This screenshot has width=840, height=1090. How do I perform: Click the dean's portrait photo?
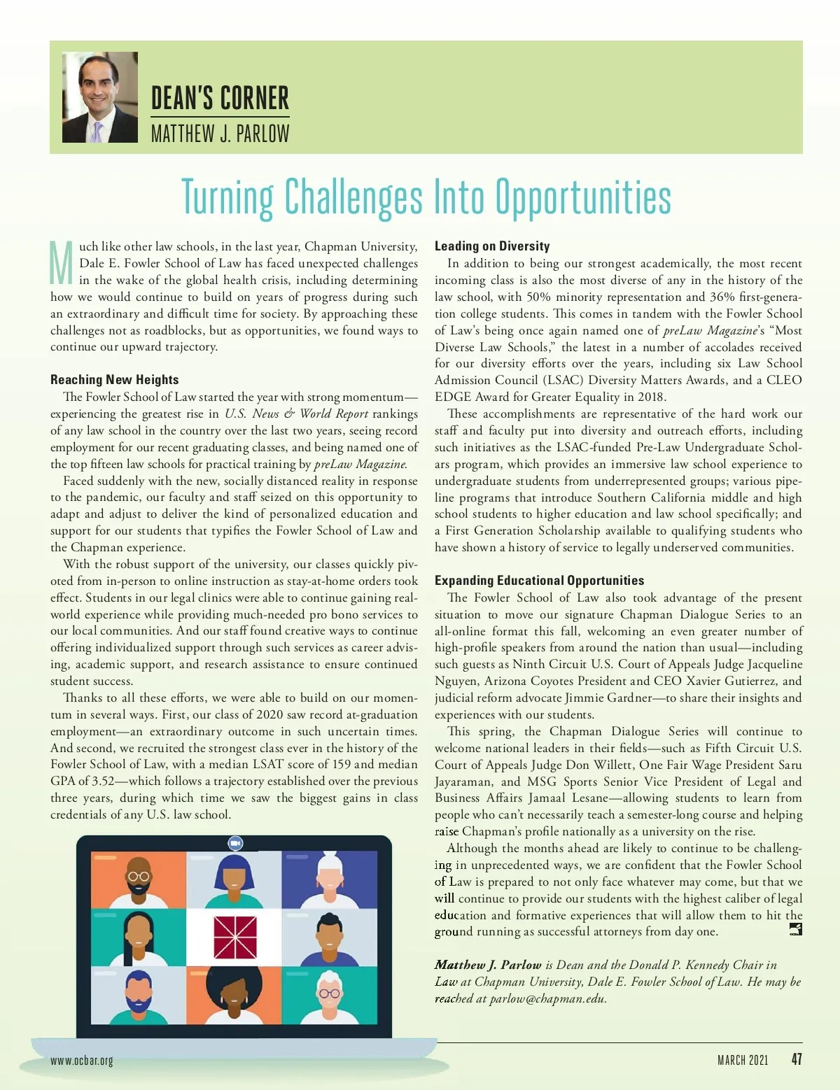(100, 97)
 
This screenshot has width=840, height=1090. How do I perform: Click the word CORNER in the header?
(253, 99)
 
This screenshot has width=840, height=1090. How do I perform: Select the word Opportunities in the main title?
(583, 198)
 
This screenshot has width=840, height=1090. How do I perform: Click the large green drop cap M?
(62, 263)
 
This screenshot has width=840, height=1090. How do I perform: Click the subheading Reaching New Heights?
(114, 380)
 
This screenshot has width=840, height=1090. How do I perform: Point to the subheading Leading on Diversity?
(491, 246)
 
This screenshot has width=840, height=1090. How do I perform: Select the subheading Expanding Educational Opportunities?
(539, 581)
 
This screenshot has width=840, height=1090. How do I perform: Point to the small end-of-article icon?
(795, 929)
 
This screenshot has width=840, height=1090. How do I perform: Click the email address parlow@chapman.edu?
(547, 999)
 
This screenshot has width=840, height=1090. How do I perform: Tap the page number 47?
(796, 1059)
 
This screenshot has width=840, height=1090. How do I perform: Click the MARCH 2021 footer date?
(742, 1061)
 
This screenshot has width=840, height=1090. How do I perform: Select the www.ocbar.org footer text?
(81, 1061)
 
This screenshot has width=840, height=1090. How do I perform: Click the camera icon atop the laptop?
(235, 844)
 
